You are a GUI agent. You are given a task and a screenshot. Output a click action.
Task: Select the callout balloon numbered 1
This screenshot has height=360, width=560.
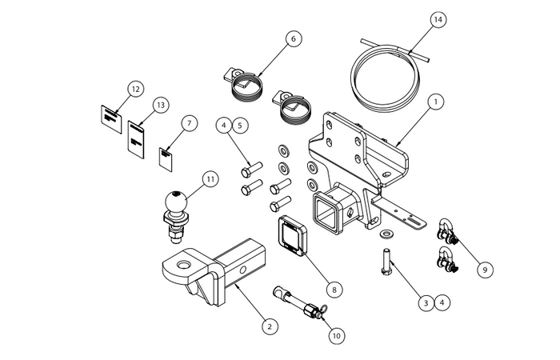(x=435, y=102)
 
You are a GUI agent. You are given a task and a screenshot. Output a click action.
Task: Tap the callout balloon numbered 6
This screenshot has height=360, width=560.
(x=294, y=38)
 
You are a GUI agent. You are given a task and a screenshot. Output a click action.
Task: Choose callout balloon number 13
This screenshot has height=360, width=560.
(x=160, y=105)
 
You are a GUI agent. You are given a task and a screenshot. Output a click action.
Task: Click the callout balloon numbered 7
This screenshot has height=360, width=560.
(x=189, y=123)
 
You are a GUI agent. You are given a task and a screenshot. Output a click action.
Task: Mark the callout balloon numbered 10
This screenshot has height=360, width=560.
(x=337, y=336)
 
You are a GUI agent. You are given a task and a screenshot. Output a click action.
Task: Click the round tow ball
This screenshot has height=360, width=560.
(x=174, y=201)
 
